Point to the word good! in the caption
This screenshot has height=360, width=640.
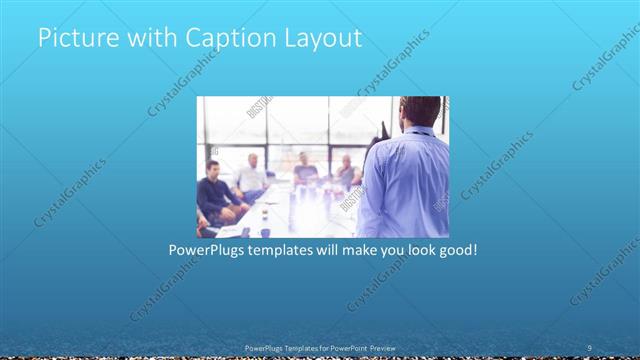(x=457, y=248)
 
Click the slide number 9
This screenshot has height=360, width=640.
(x=590, y=347)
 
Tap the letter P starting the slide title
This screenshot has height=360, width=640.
(x=44, y=39)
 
